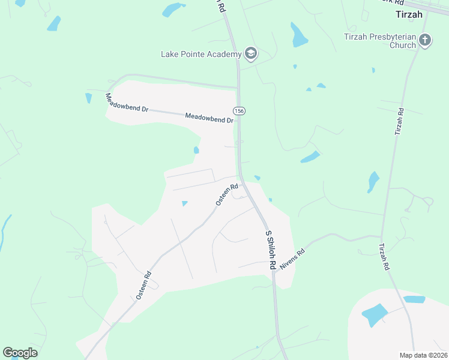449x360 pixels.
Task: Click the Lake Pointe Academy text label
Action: [201, 54]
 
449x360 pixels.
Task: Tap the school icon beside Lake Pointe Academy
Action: [251, 54]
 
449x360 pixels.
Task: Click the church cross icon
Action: [425, 40]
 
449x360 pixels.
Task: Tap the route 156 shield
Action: [239, 111]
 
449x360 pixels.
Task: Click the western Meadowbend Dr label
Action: [127, 103]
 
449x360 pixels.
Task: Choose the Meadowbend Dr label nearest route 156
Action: [209, 118]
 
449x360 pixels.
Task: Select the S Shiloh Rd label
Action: [270, 249]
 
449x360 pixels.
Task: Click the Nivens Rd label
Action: [293, 258]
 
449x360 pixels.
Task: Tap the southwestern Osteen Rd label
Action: [143, 286]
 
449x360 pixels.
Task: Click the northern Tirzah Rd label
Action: [399, 121]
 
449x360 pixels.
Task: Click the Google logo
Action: [20, 353]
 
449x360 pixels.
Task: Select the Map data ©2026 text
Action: [423, 355]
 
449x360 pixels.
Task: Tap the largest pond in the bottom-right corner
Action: [375, 314]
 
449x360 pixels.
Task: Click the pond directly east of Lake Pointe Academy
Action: [298, 35]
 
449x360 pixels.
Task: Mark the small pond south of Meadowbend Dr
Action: [196, 150]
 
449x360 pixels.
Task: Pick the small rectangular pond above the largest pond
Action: [414, 299]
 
